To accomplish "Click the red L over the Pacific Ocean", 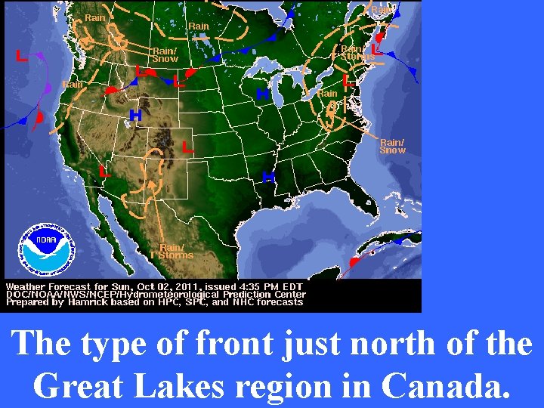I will tap(22, 56).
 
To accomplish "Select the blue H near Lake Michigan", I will tap(262, 94).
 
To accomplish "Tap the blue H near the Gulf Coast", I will tap(267, 177).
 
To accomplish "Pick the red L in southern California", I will tap(105, 172).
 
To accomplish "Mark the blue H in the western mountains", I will tap(135, 116).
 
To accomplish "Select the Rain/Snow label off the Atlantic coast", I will tap(392, 146).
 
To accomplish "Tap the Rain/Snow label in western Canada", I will tap(165, 54).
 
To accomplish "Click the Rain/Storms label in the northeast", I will tap(357, 53).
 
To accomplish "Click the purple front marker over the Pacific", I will tap(47, 88).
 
